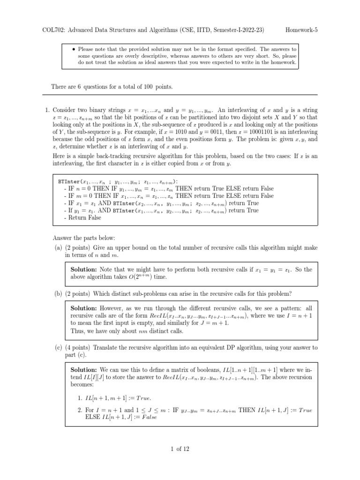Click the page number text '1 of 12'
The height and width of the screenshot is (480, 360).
point(180,449)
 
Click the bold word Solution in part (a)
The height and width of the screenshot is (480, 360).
point(85,270)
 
